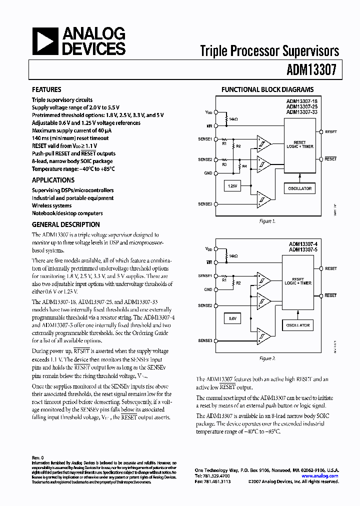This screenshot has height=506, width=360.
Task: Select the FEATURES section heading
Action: click(x=46, y=90)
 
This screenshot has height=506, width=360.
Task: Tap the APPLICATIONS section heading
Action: click(x=53, y=180)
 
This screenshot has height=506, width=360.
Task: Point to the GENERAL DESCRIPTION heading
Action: click(x=65, y=224)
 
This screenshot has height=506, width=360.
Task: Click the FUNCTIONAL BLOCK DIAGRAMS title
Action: click(x=267, y=90)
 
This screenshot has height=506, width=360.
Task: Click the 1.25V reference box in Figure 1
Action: click(x=231, y=186)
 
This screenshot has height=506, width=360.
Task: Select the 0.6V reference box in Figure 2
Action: click(x=232, y=317)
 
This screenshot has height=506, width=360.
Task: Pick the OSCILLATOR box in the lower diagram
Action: click(x=298, y=325)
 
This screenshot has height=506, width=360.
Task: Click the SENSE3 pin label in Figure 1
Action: click(x=205, y=204)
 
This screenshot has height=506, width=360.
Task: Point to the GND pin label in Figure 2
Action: click(x=208, y=289)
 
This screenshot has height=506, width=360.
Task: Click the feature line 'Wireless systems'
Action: click(x=52, y=205)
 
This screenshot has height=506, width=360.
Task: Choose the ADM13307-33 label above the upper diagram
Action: click(x=302, y=112)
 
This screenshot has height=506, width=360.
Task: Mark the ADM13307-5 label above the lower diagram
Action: click(x=303, y=249)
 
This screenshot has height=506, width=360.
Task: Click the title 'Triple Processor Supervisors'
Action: click(x=269, y=51)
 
